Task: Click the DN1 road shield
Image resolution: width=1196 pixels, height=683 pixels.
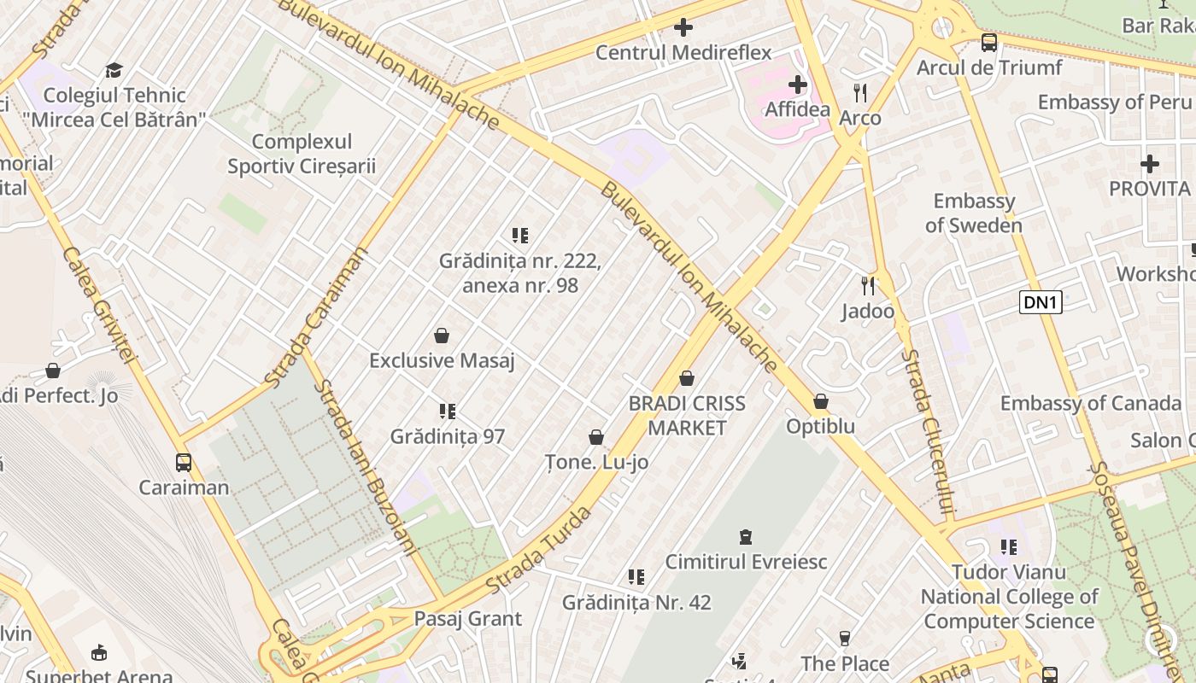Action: [x=1040, y=302]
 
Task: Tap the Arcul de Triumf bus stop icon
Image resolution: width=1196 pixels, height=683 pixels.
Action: [x=989, y=42]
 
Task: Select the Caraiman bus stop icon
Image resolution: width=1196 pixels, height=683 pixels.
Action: [x=184, y=463]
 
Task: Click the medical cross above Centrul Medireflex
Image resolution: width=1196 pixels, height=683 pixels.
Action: [x=683, y=27]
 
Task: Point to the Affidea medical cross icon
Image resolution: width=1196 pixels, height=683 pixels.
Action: [x=798, y=85]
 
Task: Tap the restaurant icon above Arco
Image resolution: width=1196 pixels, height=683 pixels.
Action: [x=860, y=92]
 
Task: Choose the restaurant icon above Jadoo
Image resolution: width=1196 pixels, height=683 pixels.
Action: [x=868, y=285]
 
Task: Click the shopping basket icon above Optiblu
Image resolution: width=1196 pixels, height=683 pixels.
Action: [x=821, y=401]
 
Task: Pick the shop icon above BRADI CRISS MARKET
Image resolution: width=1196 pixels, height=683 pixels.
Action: [x=687, y=378]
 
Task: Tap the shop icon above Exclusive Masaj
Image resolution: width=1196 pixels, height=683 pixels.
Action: [x=442, y=336]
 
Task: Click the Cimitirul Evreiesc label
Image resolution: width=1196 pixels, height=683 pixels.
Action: [x=746, y=562]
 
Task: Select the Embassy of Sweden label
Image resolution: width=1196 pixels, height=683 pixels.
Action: [x=974, y=213]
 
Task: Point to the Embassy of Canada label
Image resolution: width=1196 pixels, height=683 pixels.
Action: [x=1090, y=403]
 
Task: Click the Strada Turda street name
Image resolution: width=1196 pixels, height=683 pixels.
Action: [x=539, y=552]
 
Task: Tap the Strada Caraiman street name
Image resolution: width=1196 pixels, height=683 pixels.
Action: [x=317, y=316]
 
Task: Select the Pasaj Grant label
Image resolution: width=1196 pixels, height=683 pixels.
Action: [x=467, y=619]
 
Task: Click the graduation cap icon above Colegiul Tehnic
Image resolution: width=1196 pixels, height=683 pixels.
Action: [x=114, y=70]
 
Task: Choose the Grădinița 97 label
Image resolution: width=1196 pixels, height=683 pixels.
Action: [x=448, y=437]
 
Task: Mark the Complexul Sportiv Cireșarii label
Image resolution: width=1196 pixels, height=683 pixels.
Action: [x=302, y=154]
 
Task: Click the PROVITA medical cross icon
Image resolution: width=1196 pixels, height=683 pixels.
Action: [x=1150, y=163]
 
